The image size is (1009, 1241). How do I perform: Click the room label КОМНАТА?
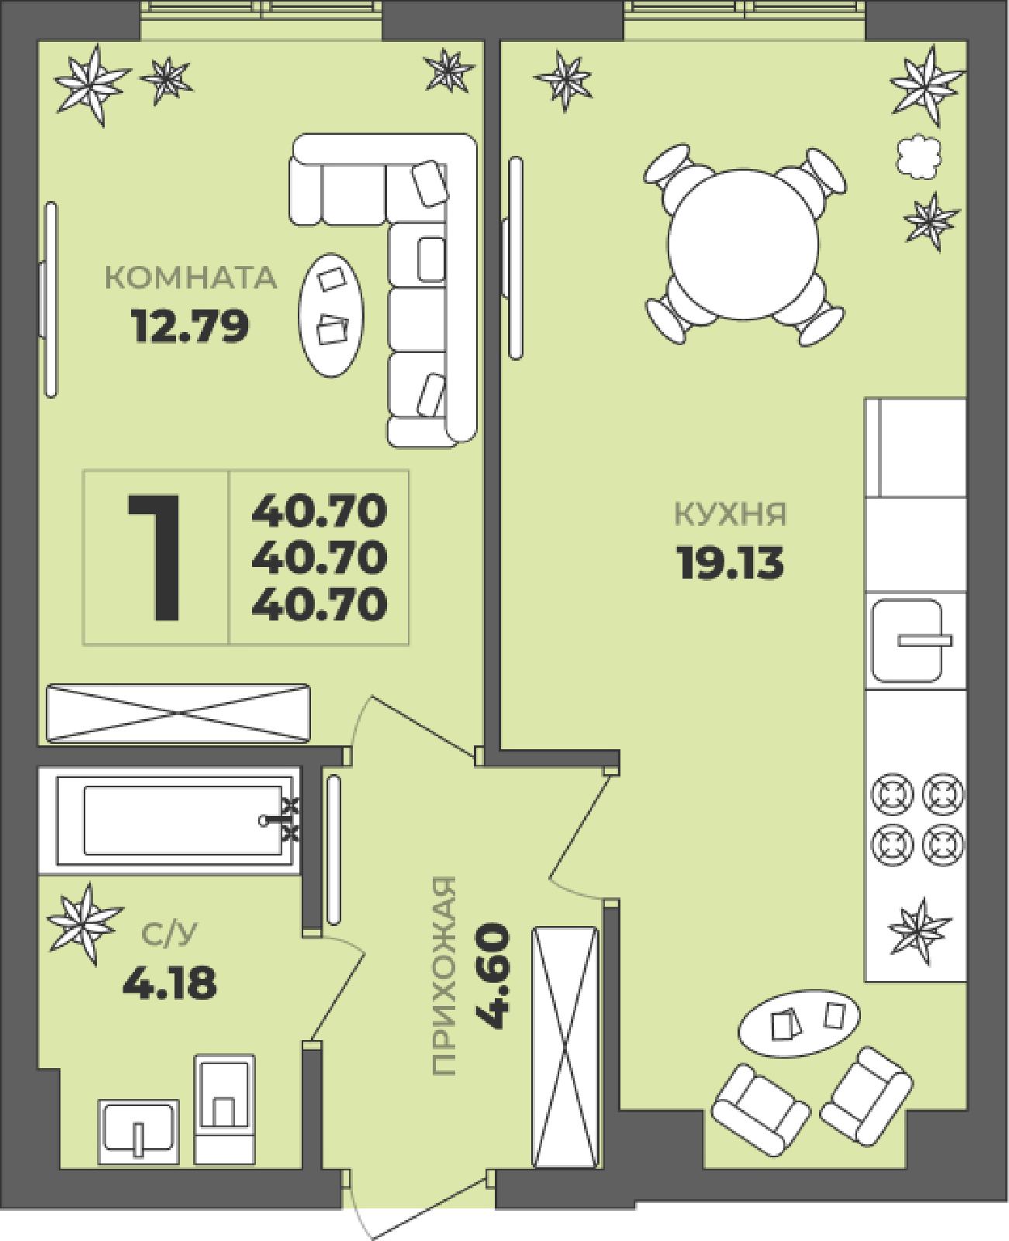pyautogui.click(x=191, y=278)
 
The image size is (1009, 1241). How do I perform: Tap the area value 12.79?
pyautogui.click(x=191, y=327)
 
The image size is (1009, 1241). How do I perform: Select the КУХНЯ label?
pyautogui.click(x=730, y=514)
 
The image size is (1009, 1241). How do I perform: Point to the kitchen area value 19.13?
pyautogui.click(x=730, y=562)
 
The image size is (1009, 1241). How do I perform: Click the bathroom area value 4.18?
pyautogui.click(x=170, y=983)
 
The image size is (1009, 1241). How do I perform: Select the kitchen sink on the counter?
pyautogui.click(x=907, y=641)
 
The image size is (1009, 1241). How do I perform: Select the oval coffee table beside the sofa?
pyautogui.click(x=331, y=315)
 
